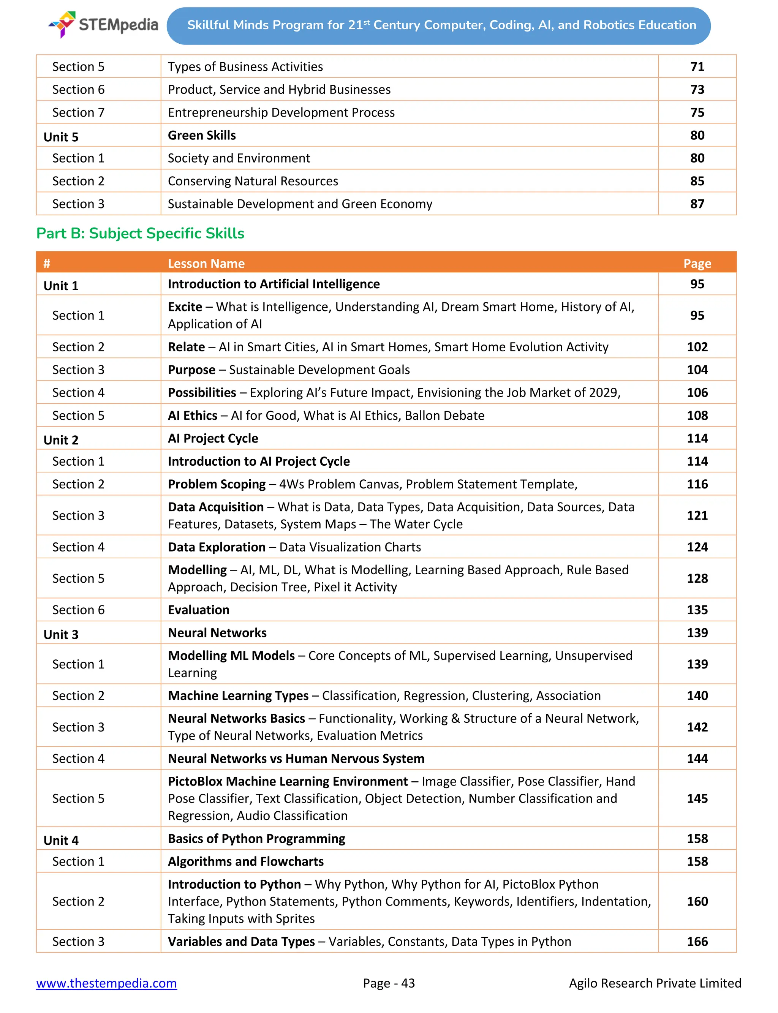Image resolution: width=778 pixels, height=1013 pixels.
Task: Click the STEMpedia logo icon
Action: [x=63, y=24]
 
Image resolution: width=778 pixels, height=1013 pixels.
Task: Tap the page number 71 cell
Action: [x=697, y=67]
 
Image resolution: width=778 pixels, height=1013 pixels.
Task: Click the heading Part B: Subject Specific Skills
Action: [x=140, y=233]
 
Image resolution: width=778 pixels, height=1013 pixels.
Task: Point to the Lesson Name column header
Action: [x=206, y=264]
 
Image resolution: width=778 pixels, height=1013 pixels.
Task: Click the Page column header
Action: [x=697, y=264]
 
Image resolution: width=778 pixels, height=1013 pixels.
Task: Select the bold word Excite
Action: [x=185, y=307]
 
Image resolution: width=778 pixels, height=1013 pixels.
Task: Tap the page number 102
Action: [x=697, y=347]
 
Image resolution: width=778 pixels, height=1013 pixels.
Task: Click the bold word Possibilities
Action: [x=202, y=393]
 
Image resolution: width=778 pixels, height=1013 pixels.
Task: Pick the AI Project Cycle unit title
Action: [x=213, y=438]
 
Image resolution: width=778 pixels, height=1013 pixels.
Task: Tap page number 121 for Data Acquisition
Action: [x=697, y=515]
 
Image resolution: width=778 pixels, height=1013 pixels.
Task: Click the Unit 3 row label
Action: [x=61, y=634]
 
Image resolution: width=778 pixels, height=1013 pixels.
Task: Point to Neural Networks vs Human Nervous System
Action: [x=296, y=759]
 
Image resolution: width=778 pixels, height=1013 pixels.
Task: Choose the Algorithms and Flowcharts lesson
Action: [x=245, y=861]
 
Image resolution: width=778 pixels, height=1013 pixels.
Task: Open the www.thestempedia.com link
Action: [x=106, y=983]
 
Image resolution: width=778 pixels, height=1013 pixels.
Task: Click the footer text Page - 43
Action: [x=389, y=983]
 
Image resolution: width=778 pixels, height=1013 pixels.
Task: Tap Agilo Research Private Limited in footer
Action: [x=655, y=983]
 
